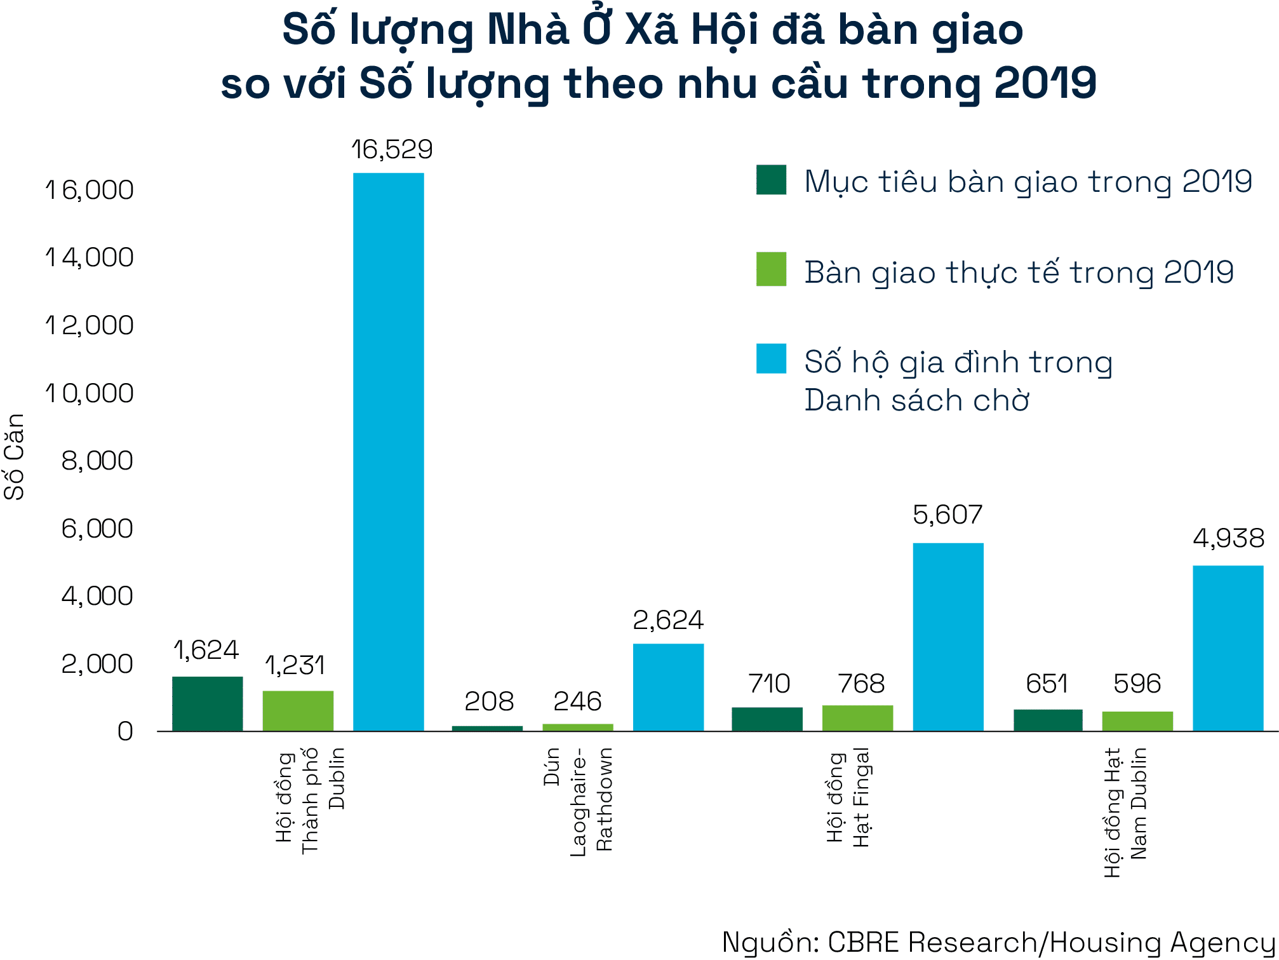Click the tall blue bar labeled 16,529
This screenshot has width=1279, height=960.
[388, 451]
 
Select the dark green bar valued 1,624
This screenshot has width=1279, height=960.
[207, 703]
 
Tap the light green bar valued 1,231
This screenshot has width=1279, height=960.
[298, 710]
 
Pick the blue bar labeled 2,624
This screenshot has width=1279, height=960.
[668, 687]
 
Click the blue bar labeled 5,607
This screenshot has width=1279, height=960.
[948, 637]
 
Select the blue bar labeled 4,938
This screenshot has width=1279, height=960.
[1228, 648]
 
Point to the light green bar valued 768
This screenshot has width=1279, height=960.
[857, 718]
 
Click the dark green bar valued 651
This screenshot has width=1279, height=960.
[1048, 720]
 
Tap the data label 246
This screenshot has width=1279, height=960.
[577, 701]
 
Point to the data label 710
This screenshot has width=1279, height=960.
[769, 684]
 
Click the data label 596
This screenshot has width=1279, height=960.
[1137, 684]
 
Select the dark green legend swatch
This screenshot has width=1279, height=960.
[771, 180]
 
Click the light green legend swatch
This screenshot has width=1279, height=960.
[771, 269]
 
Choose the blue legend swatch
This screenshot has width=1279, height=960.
[771, 358]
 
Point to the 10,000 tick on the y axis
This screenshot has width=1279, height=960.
[90, 393]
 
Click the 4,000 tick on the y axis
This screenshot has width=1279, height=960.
[97, 596]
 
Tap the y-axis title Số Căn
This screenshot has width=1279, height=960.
[14, 456]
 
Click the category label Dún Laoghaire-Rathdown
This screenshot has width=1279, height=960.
[578, 801]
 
